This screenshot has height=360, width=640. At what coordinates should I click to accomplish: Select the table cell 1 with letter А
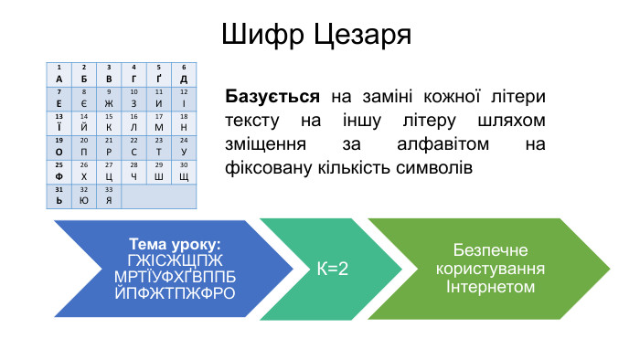click(59, 74)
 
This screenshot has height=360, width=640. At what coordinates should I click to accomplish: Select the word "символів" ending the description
click(437, 168)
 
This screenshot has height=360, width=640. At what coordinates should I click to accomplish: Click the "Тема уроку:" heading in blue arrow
click(176, 244)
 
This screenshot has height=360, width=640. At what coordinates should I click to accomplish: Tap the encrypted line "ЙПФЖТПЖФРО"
click(176, 293)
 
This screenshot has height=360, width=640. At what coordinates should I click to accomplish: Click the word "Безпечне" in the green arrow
click(489, 251)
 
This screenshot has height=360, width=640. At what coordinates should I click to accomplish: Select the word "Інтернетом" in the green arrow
click(489, 287)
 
